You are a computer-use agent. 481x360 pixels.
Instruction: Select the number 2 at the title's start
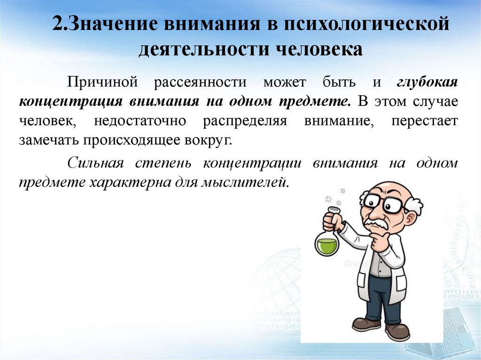coord(57,24)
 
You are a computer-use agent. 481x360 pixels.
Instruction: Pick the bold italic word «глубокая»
coord(427,82)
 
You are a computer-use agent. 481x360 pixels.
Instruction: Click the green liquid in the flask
coord(326,245)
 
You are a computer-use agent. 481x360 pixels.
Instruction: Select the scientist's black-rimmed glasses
coord(383,203)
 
